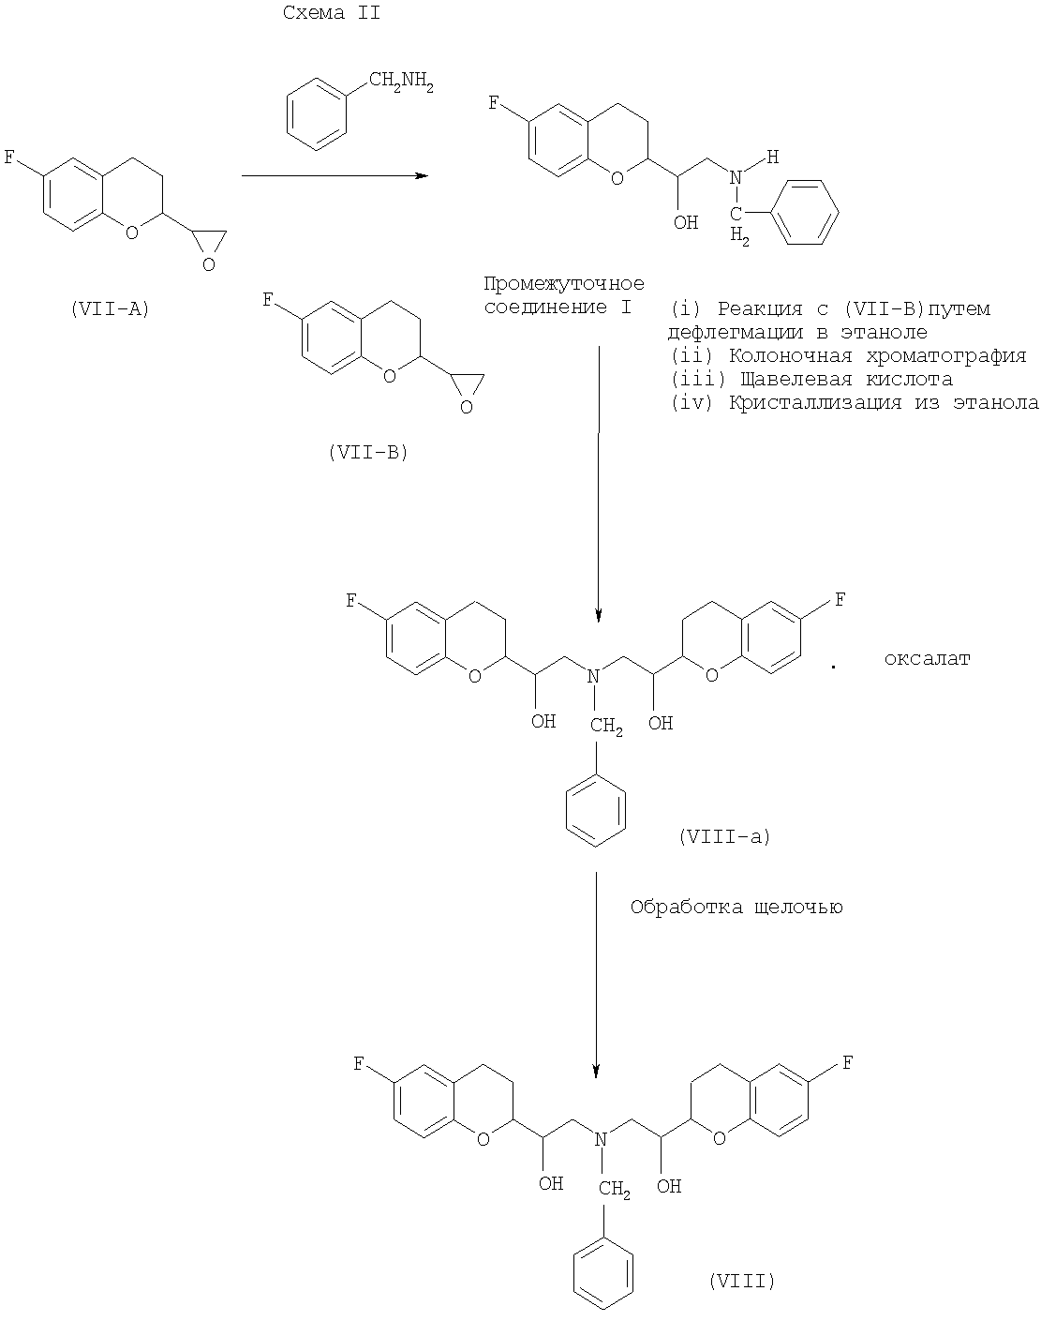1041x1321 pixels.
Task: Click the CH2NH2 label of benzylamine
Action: point(400,87)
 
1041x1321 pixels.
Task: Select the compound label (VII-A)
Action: point(111,308)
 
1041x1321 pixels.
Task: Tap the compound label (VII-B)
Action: point(368,452)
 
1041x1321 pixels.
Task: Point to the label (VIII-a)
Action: point(723,837)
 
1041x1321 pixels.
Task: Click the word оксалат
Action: point(927,659)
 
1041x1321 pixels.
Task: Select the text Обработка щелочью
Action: point(736,908)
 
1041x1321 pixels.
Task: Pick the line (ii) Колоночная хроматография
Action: point(849,356)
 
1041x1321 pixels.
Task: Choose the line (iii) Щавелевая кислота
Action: point(811,380)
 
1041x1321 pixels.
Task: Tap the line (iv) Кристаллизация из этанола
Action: point(855,404)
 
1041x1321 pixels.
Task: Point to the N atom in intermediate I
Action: point(736,175)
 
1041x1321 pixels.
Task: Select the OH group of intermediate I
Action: point(687,223)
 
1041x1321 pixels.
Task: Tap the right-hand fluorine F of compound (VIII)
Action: point(847,1063)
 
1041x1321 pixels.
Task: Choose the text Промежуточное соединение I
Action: point(563,295)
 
